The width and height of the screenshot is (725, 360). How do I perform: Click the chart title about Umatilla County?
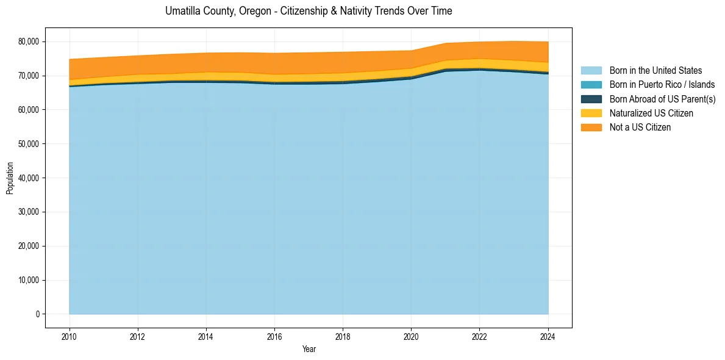(309, 11)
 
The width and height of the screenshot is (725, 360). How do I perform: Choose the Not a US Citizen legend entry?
(640, 128)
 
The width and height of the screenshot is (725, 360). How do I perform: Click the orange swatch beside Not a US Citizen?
(591, 128)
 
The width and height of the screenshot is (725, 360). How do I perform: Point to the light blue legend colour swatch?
(591, 71)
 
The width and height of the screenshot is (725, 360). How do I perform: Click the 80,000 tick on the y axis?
(28, 41)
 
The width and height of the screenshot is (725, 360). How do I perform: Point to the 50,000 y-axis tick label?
(28, 144)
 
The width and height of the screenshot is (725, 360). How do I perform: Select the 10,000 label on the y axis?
(28, 281)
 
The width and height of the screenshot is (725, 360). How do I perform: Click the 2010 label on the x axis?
(70, 336)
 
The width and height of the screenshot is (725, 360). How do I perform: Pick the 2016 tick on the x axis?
(274, 336)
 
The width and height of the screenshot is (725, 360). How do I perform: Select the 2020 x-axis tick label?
(411, 336)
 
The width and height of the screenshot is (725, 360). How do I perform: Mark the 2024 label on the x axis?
(548, 336)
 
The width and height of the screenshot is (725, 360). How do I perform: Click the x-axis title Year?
(309, 349)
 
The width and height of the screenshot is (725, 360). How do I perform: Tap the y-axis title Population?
(10, 178)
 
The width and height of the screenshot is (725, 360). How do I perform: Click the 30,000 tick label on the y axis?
(28, 212)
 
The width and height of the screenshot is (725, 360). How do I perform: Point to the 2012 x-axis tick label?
(138, 336)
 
